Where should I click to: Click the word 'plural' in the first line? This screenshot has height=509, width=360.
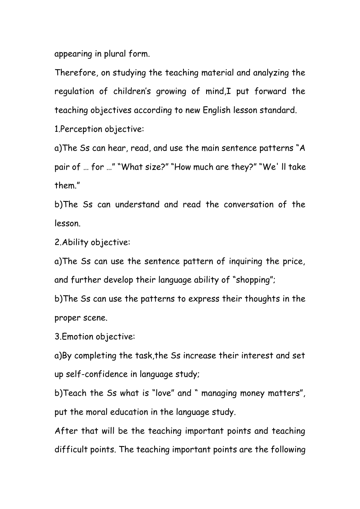pyautogui.click(x=115, y=54)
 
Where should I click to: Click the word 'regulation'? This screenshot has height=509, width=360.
pyautogui.click(x=74, y=92)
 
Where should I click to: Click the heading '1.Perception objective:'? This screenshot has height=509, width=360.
pyautogui.click(x=99, y=130)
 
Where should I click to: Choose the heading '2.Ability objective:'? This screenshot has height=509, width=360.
pyautogui.click(x=92, y=242)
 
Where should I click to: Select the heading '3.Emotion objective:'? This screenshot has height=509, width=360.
pyautogui.click(x=95, y=337)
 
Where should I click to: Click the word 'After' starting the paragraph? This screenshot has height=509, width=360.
pyautogui.click(x=66, y=431)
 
